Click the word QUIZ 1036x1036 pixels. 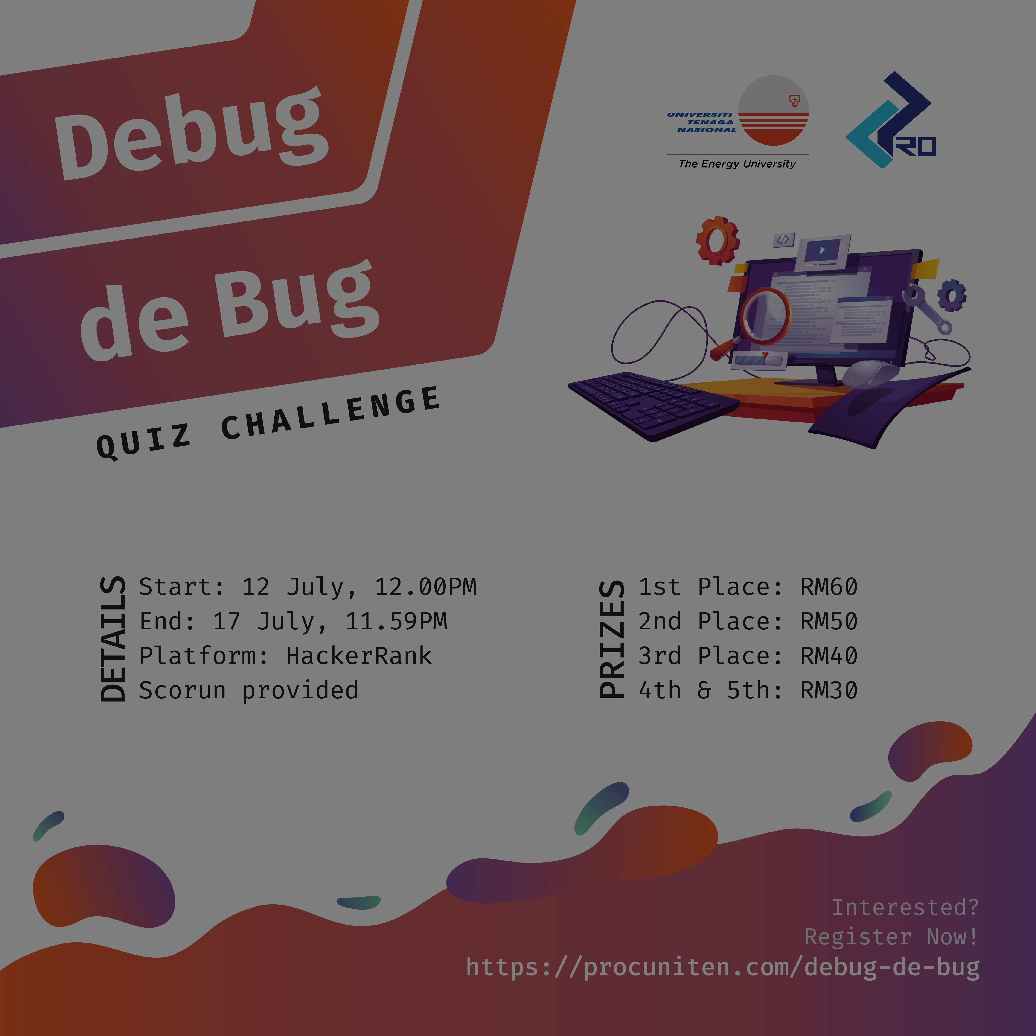(x=143, y=441)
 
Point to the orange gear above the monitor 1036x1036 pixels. (x=717, y=240)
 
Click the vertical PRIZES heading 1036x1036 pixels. (x=612, y=639)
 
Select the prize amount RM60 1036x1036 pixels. (x=829, y=587)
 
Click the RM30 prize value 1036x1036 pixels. (x=829, y=690)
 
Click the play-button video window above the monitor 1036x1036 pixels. (x=822, y=252)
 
